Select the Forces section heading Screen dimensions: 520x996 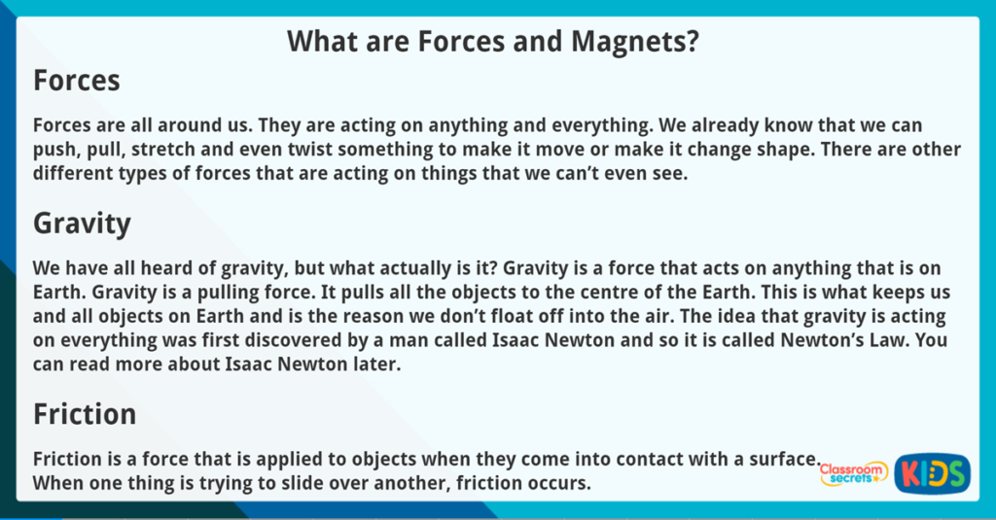tap(77, 81)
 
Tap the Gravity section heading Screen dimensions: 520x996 tap(82, 224)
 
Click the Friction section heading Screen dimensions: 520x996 tap(85, 414)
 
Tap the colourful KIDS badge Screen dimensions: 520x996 tap(932, 473)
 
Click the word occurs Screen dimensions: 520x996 tap(558, 483)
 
